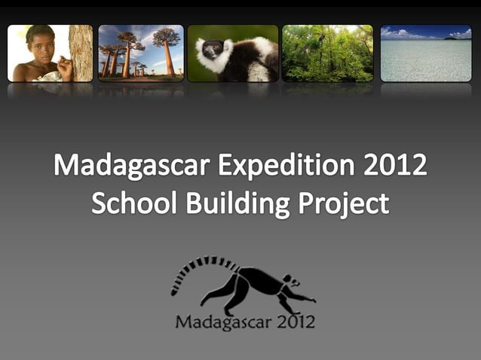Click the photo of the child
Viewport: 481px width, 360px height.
(50, 53)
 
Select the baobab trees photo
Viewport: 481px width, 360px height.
(140, 53)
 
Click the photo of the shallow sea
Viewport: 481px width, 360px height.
(426, 56)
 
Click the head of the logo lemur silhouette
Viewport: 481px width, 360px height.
(291, 285)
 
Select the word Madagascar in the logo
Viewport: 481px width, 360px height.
(219, 322)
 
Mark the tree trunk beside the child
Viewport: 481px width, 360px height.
(81, 53)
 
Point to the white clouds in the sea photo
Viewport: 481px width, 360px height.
(407, 34)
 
